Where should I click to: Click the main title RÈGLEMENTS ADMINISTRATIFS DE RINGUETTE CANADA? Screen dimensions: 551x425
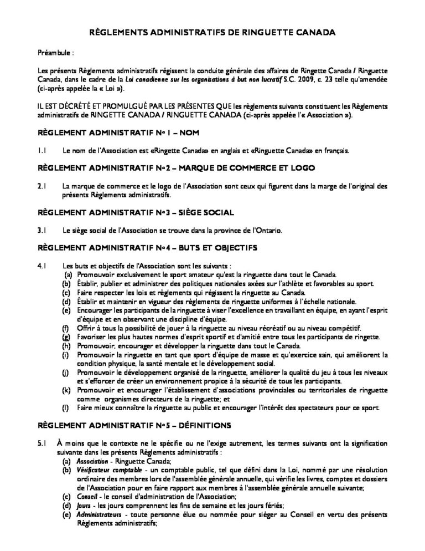pyautogui.click(x=212, y=33)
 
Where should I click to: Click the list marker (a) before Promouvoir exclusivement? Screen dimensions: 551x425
pyautogui.click(x=68, y=274)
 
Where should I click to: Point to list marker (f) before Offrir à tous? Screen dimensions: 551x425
pyautogui.click(x=67, y=328)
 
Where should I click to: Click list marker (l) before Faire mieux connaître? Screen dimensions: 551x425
pyautogui.click(x=67, y=409)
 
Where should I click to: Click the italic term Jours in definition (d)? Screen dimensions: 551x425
pyautogui.click(x=84, y=506)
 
